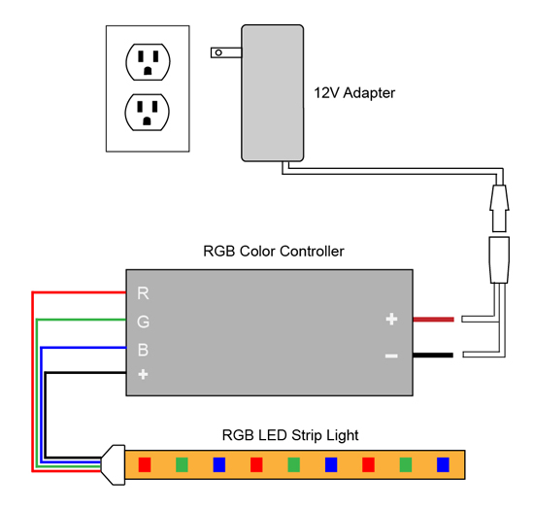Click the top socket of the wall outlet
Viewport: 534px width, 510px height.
[x=148, y=62]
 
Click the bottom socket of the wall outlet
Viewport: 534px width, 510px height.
[x=148, y=112]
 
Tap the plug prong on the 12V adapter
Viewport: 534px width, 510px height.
[x=226, y=52]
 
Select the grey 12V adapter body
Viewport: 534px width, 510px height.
[x=273, y=93]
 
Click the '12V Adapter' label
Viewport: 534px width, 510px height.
[x=354, y=93]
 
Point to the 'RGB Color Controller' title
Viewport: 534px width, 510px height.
[x=274, y=252]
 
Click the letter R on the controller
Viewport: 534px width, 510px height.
[x=143, y=293]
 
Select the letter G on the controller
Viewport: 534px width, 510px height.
[x=143, y=322]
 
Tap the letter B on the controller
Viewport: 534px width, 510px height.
[x=143, y=350]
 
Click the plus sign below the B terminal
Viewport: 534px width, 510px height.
[x=143, y=374]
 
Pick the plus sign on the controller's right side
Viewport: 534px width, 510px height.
[x=391, y=320]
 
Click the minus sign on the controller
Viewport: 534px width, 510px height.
[x=391, y=356]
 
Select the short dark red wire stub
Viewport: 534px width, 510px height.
[x=433, y=320]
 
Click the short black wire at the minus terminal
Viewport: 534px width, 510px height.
[x=433, y=356]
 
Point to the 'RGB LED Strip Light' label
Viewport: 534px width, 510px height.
[x=290, y=435]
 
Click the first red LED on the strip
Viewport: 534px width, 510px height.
[x=145, y=464]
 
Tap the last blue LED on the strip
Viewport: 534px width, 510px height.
[x=443, y=464]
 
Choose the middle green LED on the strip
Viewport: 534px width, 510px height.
[x=294, y=464]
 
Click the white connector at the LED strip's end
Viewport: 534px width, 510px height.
[x=114, y=464]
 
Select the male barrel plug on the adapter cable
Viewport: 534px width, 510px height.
[x=499, y=208]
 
